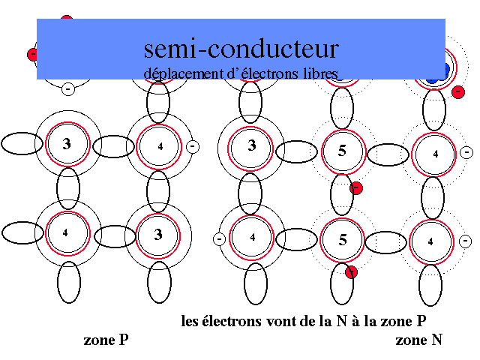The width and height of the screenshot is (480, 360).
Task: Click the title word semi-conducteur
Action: [x=241, y=49]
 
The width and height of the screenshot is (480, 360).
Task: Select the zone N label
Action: [x=418, y=340]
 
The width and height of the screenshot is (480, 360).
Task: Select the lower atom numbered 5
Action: [x=343, y=240]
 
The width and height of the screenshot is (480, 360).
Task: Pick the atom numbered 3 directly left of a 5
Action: [x=252, y=145]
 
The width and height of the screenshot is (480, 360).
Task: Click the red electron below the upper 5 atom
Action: [x=356, y=187]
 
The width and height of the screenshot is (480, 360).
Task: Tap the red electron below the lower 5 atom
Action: [x=351, y=271]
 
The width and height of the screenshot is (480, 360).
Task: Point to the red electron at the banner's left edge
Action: [x=32, y=54]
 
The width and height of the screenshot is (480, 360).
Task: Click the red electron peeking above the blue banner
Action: [x=67, y=19]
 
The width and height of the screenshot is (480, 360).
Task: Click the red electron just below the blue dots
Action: [x=457, y=91]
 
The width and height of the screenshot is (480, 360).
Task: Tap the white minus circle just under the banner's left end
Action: [x=67, y=88]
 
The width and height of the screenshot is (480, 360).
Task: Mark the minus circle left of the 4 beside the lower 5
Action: [x=220, y=238]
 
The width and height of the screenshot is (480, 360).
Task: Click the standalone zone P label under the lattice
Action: [x=106, y=340]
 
